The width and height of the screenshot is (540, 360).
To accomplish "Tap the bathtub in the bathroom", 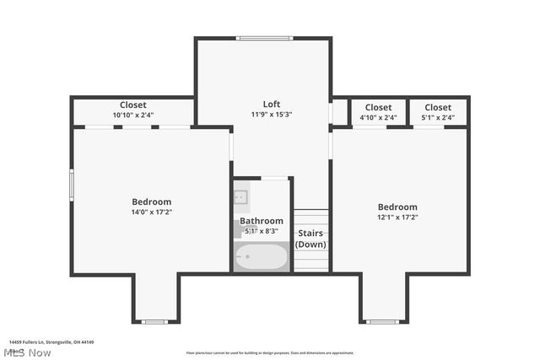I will pos(261,256).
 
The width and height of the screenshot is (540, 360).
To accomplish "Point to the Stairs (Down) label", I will pos(310,239).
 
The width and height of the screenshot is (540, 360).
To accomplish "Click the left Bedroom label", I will pos(151,201).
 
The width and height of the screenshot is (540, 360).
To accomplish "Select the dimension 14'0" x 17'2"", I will pos(151,213).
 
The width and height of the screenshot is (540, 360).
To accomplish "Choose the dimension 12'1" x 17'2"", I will pos(397,217).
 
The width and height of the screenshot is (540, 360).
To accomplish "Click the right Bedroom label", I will pos(397,207).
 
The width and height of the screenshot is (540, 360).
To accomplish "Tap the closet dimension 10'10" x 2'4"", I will pos(133,116).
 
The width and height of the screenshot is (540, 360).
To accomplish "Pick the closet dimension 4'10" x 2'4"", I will pos(378,117).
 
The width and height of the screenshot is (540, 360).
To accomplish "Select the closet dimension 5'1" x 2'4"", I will pos(438,117).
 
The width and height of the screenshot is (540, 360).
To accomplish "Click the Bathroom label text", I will pos(261,221).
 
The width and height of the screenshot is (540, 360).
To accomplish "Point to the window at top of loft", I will pos(264,38).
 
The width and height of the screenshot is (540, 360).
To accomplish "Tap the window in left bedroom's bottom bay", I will pos(154,321).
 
